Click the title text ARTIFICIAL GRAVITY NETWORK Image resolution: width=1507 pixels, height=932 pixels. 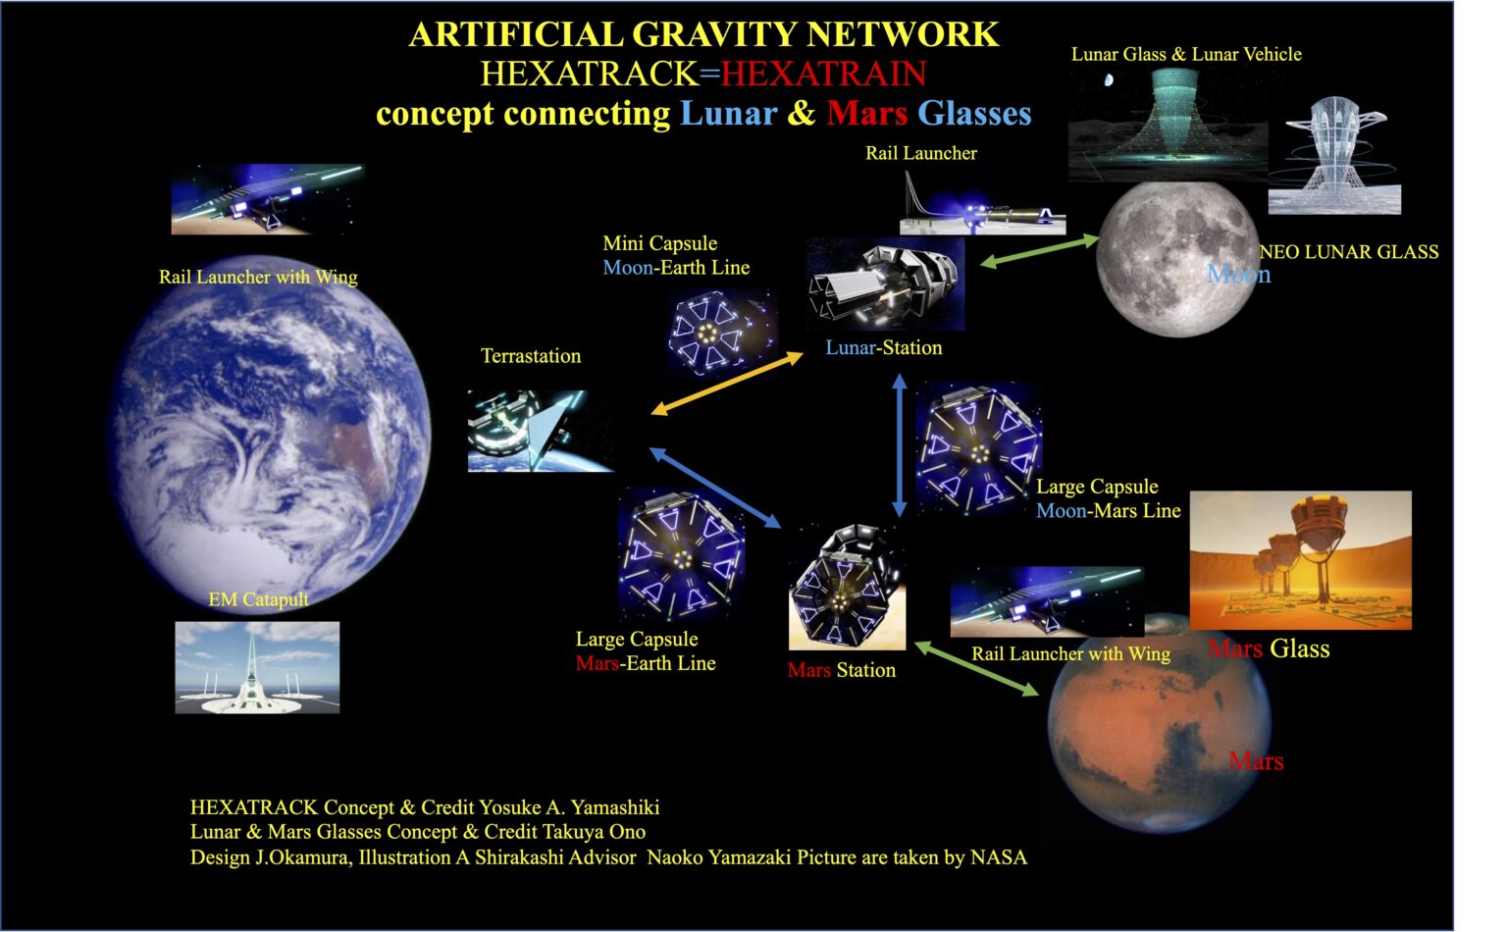(x=703, y=34)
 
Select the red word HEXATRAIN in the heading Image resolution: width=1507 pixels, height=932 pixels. (x=823, y=74)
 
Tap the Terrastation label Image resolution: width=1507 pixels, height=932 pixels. (x=530, y=356)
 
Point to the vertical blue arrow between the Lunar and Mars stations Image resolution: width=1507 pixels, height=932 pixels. (x=899, y=445)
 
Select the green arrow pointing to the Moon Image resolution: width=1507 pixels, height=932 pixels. (x=1039, y=250)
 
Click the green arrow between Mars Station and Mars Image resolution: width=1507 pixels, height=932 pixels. (x=976, y=669)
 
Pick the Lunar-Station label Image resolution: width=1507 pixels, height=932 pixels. (x=883, y=347)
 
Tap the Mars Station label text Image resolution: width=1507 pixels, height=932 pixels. (x=841, y=670)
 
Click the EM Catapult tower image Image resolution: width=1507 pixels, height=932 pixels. (x=257, y=667)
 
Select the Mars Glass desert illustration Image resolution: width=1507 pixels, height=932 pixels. (x=1300, y=560)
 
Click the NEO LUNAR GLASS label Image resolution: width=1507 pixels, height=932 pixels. (x=1349, y=252)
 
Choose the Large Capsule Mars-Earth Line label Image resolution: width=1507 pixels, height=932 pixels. (x=645, y=651)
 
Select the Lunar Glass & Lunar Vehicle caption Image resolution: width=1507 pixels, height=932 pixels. (x=1185, y=54)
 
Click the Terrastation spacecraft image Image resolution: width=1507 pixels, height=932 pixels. (x=541, y=432)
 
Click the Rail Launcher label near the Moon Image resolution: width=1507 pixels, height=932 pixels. (x=920, y=153)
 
